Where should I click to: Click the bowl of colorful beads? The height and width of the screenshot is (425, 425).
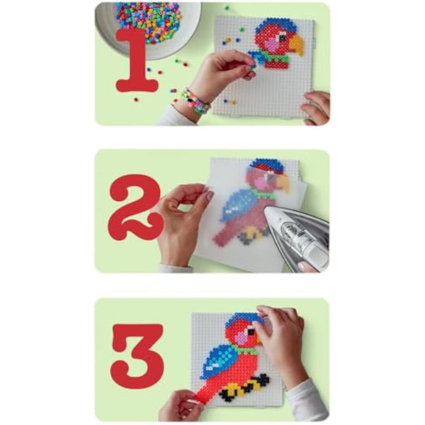tap(149, 25)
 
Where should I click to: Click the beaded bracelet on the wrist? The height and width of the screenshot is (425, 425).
tap(194, 101)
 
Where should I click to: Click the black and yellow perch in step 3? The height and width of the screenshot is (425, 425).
tap(244, 387)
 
